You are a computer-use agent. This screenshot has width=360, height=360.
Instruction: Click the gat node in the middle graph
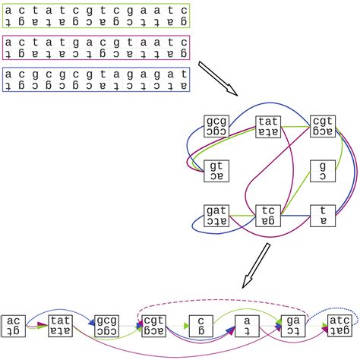pyautogui.click(x=216, y=216)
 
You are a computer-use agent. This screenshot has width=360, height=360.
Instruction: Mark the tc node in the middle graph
pyautogui.click(x=269, y=216)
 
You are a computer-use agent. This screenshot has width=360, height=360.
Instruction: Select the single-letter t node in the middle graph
pyautogui.click(x=322, y=216)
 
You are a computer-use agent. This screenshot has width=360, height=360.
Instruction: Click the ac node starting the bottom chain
pyautogui.click(x=14, y=325)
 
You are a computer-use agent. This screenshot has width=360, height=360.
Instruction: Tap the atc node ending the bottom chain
pyautogui.click(x=339, y=325)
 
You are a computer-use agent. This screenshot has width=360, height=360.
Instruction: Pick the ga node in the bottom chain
pyautogui.click(x=292, y=325)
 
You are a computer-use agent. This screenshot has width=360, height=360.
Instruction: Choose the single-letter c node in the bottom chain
pyautogui.click(x=199, y=325)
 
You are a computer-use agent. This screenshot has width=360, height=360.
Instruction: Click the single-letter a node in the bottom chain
pyautogui.click(x=246, y=325)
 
